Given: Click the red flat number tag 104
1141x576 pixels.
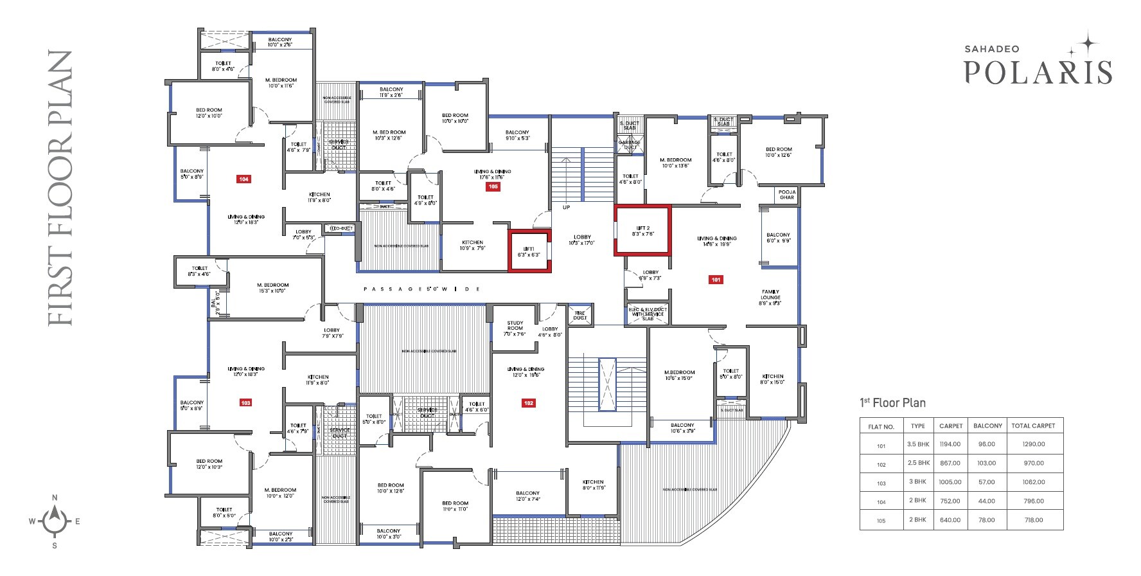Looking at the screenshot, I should [x=243, y=179].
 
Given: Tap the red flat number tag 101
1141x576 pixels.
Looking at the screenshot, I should [x=716, y=280].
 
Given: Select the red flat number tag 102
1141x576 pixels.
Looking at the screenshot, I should [x=528, y=403].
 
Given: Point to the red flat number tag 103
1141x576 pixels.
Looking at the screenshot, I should [x=245, y=403].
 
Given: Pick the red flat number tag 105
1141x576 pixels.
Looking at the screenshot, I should [x=493, y=186].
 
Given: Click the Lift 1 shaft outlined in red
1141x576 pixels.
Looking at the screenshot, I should [x=529, y=251].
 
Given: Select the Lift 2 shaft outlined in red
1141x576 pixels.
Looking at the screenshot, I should [x=642, y=231].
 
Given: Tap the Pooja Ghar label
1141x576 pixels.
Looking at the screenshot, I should [x=787, y=195].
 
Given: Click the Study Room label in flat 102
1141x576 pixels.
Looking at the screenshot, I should [x=515, y=326].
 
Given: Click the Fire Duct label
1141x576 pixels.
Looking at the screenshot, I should [x=579, y=315].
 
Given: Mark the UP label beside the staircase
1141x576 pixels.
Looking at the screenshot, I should [x=566, y=208].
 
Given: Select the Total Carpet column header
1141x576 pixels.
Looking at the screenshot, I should [x=1033, y=426].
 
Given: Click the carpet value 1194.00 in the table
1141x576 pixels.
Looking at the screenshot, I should [x=950, y=444].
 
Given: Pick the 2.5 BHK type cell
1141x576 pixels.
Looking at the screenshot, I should [x=918, y=463].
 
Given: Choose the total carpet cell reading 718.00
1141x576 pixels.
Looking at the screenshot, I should [x=1033, y=520].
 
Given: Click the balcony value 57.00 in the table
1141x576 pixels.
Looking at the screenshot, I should [x=987, y=482].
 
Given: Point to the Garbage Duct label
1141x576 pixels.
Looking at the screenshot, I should [x=629, y=145].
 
